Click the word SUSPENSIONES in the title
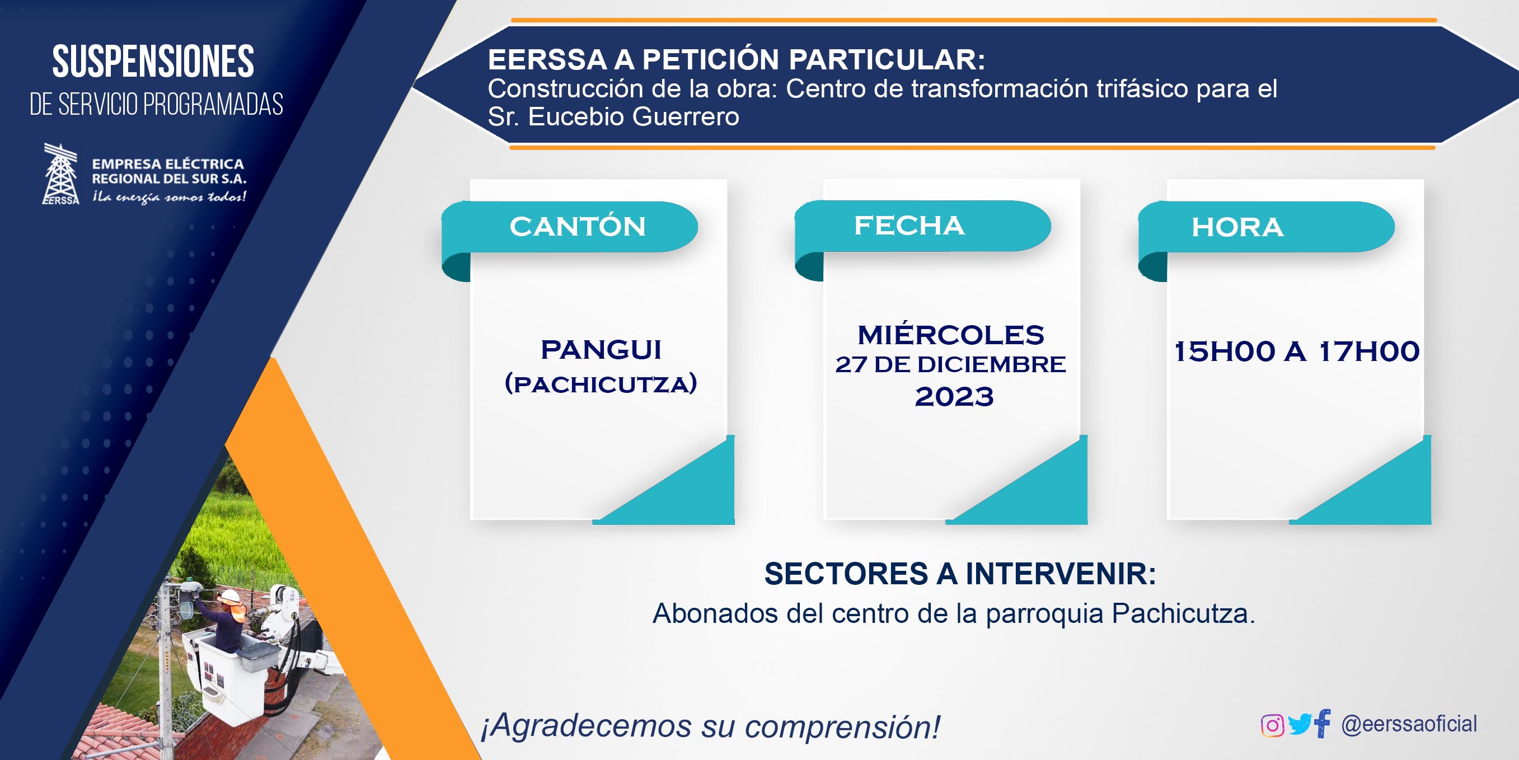(x=153, y=62)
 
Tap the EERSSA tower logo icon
(x=61, y=174)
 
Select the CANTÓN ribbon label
(x=578, y=227)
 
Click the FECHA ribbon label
(x=909, y=225)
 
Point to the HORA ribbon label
(x=1237, y=227)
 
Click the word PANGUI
(x=601, y=350)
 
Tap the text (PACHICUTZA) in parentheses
(x=601, y=384)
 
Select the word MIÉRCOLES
(x=950, y=334)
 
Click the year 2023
(x=954, y=397)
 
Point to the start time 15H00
(x=1225, y=351)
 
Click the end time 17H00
(x=1369, y=351)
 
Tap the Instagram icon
(x=1272, y=725)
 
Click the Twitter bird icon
(x=1300, y=724)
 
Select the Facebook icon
(x=1323, y=723)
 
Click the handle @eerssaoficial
(x=1409, y=724)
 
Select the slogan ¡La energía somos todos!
(x=168, y=196)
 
